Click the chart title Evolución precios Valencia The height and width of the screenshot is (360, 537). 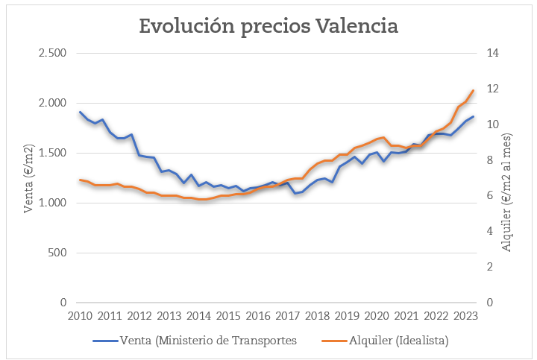point(268,25)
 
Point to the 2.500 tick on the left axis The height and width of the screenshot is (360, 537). point(52,53)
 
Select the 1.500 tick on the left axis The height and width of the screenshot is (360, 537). point(52,153)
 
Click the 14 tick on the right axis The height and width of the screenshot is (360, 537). point(493,53)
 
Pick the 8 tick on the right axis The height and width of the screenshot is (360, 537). point(490,160)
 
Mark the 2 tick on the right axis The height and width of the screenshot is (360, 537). point(490,267)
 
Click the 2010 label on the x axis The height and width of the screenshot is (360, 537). point(80,315)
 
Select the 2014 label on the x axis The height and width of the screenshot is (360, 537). point(198,315)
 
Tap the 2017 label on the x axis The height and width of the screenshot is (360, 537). point(288,315)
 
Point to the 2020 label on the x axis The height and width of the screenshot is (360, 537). point(377,315)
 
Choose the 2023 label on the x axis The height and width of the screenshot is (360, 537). point(465,315)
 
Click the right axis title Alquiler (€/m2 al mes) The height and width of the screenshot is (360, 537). point(508,192)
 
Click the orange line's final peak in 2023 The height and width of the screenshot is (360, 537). point(473,91)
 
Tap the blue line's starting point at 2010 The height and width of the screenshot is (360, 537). point(80,113)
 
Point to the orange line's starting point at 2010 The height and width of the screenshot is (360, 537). point(80,180)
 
